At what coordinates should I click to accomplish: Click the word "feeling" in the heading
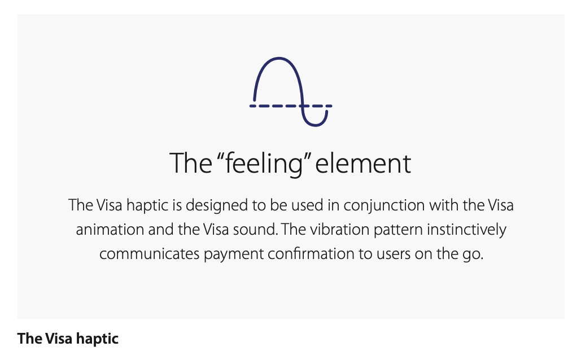264,164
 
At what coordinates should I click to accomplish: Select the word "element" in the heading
363,163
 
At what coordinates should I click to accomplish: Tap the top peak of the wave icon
278,58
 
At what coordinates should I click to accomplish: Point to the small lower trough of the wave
315,125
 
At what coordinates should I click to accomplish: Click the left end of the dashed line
251,106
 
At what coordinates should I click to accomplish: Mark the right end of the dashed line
331,106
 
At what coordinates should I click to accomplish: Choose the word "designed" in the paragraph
217,205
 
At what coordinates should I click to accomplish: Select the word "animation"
110,230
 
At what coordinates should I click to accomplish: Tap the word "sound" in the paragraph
257,230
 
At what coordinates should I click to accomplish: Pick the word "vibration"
340,230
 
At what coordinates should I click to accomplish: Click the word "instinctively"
466,230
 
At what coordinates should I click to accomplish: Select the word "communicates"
150,254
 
